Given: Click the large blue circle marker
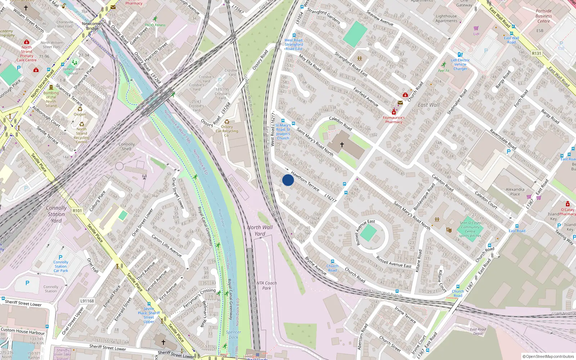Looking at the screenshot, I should [x=288, y=180].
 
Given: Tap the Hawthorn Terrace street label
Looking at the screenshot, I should [x=305, y=181].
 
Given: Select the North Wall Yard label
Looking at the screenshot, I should [x=260, y=230].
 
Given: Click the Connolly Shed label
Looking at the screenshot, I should [x=127, y=146].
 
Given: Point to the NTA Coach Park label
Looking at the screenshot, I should [x=267, y=285].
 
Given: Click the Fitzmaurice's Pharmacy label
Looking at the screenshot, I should [x=393, y=120].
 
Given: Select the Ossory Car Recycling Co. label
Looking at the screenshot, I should [x=227, y=131].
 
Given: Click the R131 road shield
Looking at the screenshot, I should [x=536, y=53].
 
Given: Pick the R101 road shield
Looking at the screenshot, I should [x=77, y=211].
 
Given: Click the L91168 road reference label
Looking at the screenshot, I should [x=87, y=301].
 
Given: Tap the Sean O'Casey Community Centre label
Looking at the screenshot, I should [x=470, y=229].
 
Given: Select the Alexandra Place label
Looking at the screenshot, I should [x=515, y=192].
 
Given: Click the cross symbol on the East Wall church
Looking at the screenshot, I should [x=342, y=145].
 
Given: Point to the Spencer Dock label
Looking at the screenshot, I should [x=234, y=335].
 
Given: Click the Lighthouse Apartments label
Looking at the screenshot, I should [x=446, y=18].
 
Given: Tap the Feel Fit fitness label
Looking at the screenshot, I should [x=444, y=71].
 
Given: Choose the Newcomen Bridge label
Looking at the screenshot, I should [x=92, y=26].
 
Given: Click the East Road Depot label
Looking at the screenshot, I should [x=478, y=331].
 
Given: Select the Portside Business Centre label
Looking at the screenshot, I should [x=544, y=16].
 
